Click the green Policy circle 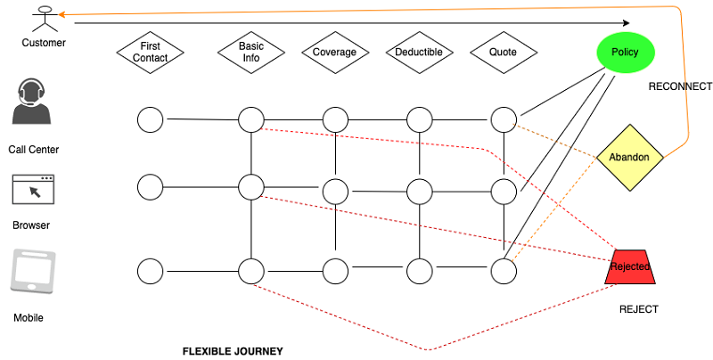tap(625, 52)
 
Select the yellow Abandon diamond tap(635, 158)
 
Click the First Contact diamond tap(150, 52)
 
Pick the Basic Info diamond tap(250, 52)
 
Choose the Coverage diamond tap(334, 52)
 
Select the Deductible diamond tap(419, 52)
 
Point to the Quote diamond tap(503, 52)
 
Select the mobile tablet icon tap(33, 272)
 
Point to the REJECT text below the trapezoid tap(638, 308)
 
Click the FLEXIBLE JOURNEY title tap(233, 351)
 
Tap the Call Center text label tap(34, 150)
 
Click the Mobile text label tap(29, 317)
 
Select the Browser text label tap(31, 225)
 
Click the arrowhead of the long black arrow tap(626, 23)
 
